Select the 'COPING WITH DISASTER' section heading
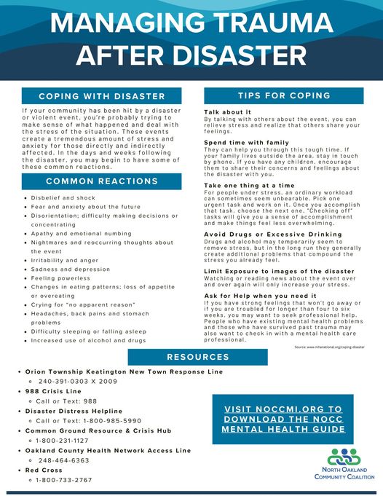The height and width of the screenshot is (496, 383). (102, 96)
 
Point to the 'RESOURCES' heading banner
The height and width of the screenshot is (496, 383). (197, 357)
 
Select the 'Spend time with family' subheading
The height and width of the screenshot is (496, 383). (246, 142)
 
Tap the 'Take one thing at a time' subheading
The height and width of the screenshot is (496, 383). (249, 186)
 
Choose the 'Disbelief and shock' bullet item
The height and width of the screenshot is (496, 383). (64, 197)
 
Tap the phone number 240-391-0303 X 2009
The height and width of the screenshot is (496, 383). (77, 381)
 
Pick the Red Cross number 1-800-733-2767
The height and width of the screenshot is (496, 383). (64, 480)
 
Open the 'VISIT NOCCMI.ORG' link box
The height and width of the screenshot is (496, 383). (283, 420)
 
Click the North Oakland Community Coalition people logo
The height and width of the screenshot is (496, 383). (342, 457)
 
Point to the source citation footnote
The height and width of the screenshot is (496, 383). (329, 347)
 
